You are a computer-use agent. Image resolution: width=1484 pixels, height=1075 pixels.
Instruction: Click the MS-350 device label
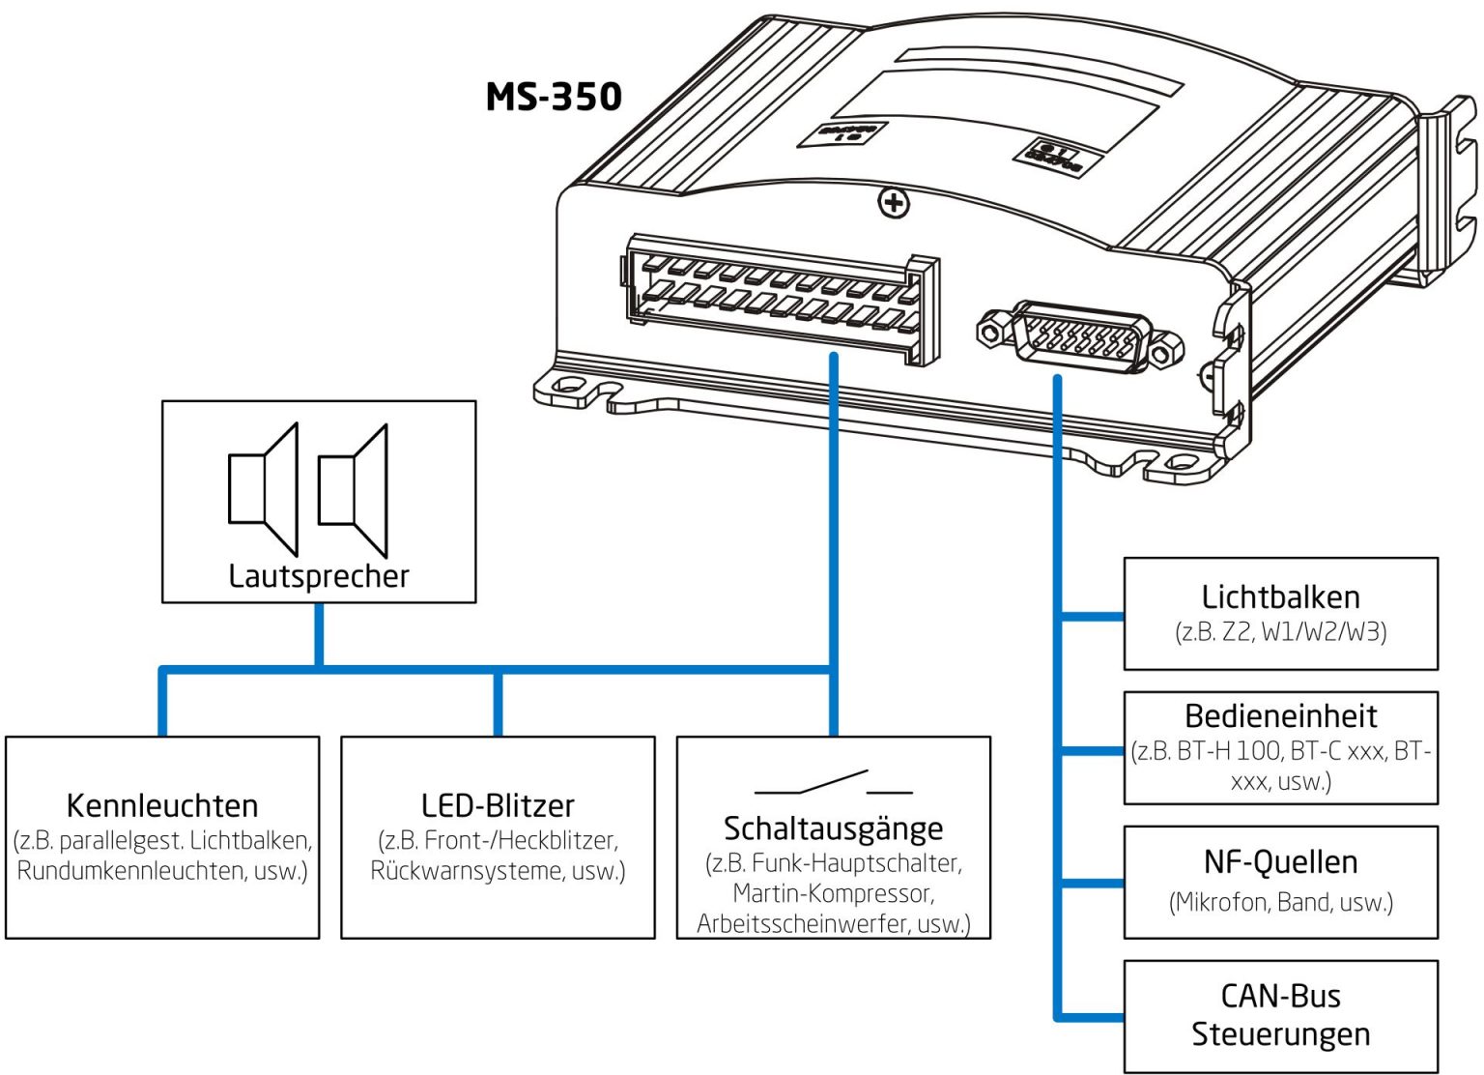(x=554, y=97)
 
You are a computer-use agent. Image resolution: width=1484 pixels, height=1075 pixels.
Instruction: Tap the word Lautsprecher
(x=319, y=576)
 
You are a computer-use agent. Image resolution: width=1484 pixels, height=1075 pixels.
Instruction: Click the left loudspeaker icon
(x=263, y=489)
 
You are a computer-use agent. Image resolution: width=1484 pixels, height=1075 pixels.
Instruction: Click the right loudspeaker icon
(x=354, y=490)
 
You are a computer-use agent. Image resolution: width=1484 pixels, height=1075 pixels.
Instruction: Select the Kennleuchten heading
(x=162, y=805)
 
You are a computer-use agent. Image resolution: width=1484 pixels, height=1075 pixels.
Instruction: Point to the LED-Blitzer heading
(x=498, y=805)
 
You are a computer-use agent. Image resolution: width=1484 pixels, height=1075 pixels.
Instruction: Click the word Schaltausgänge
(x=833, y=828)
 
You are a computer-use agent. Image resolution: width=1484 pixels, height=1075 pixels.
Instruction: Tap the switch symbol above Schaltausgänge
(x=833, y=783)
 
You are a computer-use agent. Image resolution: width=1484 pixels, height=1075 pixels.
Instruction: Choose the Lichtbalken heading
(x=1280, y=596)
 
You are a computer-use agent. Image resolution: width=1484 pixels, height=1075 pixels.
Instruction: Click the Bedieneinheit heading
(x=1280, y=716)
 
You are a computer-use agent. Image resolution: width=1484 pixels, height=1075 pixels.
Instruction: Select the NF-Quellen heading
(x=1280, y=861)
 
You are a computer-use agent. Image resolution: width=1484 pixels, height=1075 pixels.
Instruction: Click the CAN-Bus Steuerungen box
(x=1280, y=1015)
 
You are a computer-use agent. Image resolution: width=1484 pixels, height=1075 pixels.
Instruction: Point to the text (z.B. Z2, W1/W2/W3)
(x=1280, y=632)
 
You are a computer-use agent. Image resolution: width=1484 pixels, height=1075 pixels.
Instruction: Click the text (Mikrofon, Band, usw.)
(x=1280, y=902)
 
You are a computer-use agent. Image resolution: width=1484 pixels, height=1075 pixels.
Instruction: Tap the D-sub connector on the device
(x=1080, y=337)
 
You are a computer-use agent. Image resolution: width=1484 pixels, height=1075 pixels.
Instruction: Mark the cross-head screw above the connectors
(x=894, y=203)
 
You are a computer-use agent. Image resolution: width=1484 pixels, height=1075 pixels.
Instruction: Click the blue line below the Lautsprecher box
(x=319, y=634)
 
